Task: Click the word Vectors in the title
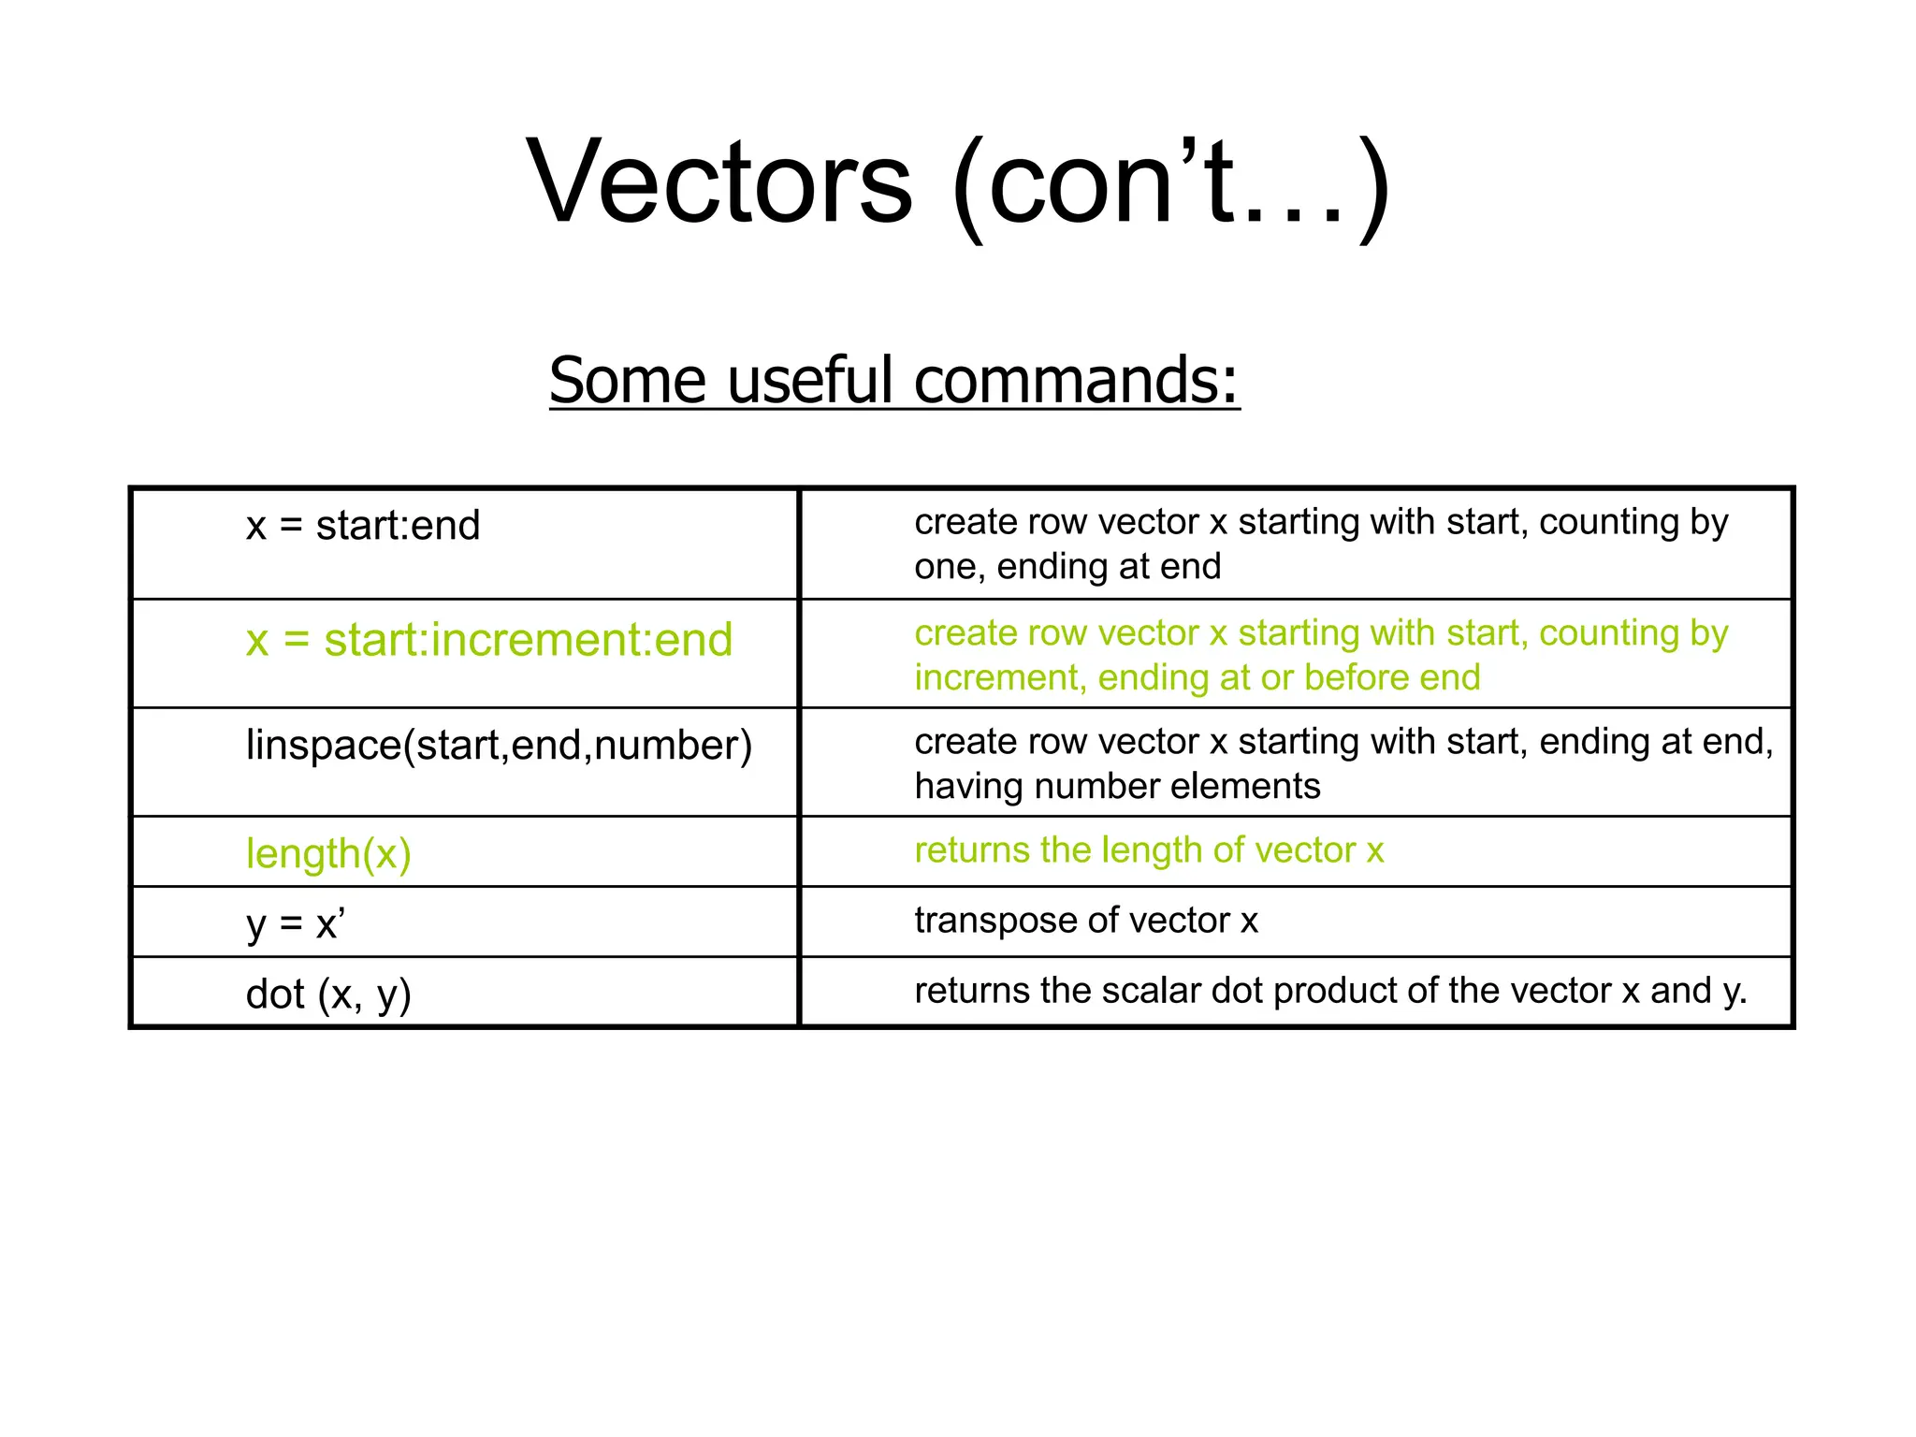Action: click(x=718, y=182)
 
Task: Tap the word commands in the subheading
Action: click(x=1076, y=381)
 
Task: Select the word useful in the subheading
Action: click(x=809, y=381)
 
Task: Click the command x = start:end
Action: click(x=363, y=526)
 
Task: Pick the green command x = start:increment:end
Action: click(x=488, y=641)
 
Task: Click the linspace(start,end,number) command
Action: click(x=499, y=747)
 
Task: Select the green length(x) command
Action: click(x=328, y=854)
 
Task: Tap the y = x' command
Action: click(x=296, y=924)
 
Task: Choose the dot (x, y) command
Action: click(x=328, y=994)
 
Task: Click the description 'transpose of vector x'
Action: click(x=1085, y=921)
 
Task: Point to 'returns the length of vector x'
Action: click(x=1148, y=850)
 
